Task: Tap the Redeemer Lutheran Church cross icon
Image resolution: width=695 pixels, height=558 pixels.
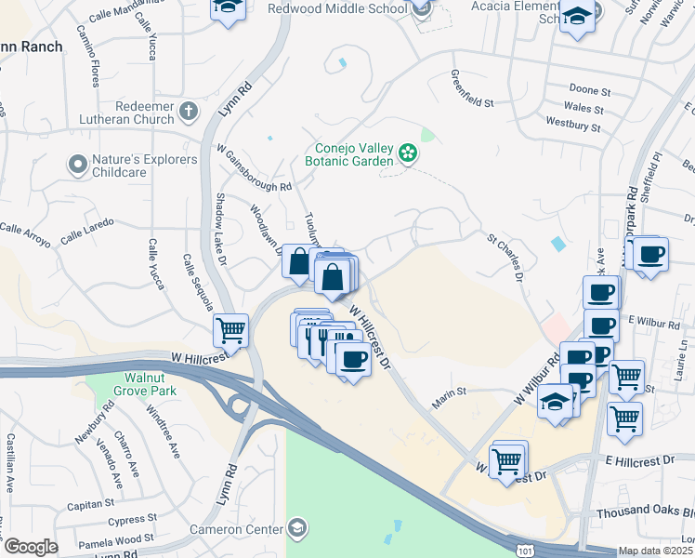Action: (x=189, y=113)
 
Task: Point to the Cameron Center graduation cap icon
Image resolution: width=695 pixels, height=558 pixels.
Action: (x=296, y=529)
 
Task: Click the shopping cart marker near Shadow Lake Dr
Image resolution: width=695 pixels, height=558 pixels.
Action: (x=230, y=329)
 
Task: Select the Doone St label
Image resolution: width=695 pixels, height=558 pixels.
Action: (x=589, y=92)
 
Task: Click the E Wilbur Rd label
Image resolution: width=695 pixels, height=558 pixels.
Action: (x=649, y=319)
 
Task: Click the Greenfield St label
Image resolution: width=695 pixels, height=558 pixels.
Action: (x=472, y=90)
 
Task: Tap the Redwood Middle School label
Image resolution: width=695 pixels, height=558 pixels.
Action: (x=337, y=9)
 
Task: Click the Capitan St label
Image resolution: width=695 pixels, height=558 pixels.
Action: (x=90, y=505)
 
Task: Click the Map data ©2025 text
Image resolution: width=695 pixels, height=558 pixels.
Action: (x=655, y=551)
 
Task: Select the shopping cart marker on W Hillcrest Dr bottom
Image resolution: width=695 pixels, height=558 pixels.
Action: (x=508, y=459)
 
